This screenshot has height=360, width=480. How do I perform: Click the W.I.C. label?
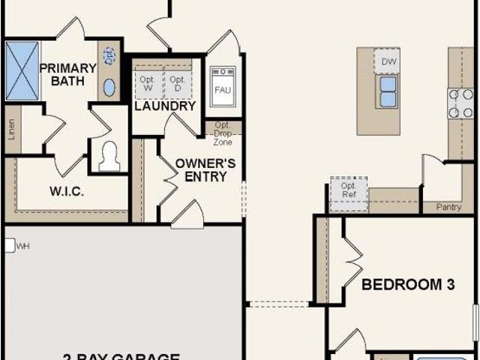[67, 191]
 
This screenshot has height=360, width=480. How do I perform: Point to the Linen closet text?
[11, 130]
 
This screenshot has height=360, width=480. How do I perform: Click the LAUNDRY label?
[165, 106]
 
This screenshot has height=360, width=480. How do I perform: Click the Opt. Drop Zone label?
[223, 133]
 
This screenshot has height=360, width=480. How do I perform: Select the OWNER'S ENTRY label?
[206, 169]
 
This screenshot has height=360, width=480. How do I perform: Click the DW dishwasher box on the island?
[388, 61]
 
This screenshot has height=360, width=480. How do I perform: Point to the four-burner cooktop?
[460, 103]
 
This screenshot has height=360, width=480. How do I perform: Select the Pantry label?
[448, 207]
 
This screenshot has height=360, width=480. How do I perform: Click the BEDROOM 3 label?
[409, 284]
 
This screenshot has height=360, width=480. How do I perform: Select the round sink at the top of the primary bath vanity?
[109, 55]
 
